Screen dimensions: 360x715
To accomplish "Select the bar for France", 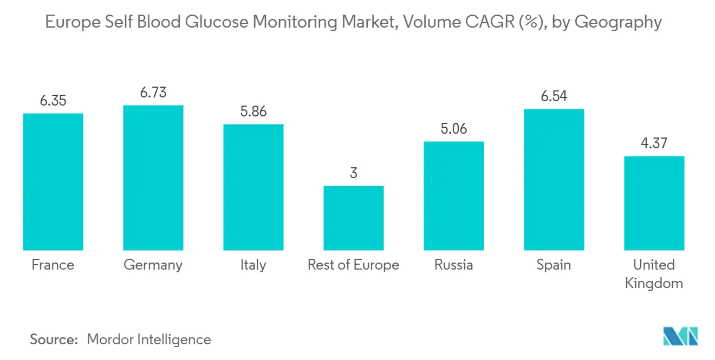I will click(53, 182).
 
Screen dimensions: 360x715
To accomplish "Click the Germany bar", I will click(153, 178).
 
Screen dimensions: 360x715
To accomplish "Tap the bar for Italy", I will click(253, 187).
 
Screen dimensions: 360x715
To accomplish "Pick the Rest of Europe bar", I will click(354, 218).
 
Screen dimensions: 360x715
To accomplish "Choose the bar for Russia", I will click(454, 196).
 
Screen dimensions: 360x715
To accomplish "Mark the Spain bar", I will click(554, 180).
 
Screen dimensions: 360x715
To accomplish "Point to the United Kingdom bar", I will click(654, 203).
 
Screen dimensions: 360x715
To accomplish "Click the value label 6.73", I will click(153, 93).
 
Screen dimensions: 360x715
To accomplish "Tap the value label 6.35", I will click(53, 101).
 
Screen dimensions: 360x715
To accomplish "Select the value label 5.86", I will click(253, 112).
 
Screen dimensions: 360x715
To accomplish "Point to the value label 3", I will click(354, 173).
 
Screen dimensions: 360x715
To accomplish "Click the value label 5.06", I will click(454, 129).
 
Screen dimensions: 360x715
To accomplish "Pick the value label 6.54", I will click(554, 96).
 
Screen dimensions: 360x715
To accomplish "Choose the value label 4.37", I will click(654, 143).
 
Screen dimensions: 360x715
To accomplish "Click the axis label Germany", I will click(153, 265).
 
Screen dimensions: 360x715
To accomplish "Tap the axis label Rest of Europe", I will click(354, 265).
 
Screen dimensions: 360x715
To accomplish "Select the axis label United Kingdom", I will click(654, 274).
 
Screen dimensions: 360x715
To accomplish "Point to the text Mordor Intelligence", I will click(149, 339).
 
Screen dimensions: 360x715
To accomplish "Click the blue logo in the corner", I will click(681, 336).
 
